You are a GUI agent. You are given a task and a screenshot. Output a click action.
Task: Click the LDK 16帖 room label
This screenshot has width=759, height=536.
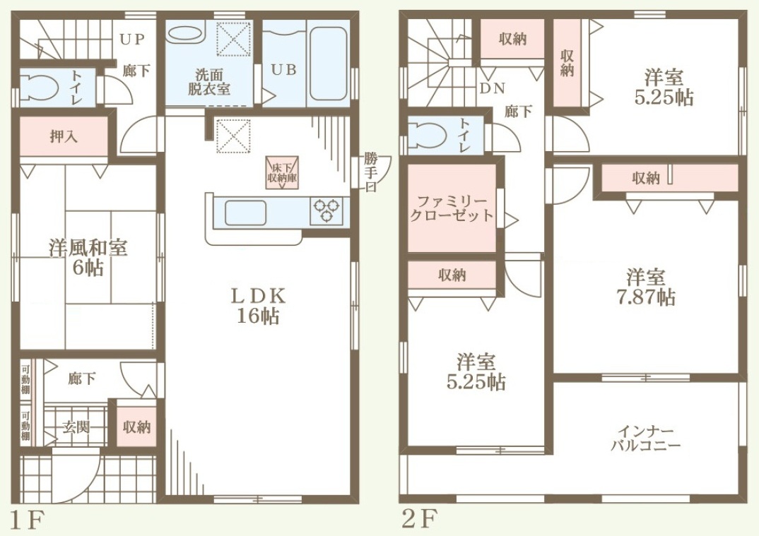258,306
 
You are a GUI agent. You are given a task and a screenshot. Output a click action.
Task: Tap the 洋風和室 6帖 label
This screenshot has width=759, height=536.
88,257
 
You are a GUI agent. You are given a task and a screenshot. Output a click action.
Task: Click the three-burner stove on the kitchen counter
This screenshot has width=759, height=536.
325,211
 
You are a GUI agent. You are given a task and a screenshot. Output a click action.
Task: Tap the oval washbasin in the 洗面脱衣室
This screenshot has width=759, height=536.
185,34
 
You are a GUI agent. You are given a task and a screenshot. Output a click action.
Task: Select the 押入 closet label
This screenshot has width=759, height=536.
64,137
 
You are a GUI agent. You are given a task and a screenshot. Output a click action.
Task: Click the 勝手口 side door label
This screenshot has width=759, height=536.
370,172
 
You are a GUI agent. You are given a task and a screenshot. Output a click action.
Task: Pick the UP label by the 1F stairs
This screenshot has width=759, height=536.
132,39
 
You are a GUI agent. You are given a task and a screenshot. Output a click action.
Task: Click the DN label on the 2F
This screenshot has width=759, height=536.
493,88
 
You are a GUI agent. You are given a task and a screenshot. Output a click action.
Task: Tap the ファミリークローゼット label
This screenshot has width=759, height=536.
452,209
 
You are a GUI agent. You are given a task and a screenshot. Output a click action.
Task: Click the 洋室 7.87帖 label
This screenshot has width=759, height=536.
646,287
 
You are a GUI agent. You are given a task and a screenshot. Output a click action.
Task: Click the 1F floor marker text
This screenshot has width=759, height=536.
27,520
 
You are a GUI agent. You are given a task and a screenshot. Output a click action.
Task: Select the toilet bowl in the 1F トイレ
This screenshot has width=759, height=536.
39,88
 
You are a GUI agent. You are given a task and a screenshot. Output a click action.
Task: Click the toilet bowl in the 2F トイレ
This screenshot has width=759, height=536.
428,134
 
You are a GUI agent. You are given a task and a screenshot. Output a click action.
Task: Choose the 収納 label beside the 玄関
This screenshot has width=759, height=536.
136,427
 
